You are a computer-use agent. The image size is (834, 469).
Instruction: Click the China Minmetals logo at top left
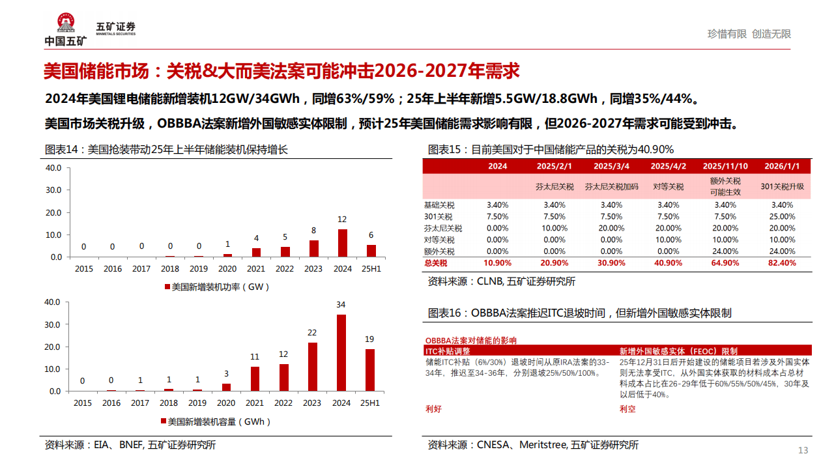[65, 30]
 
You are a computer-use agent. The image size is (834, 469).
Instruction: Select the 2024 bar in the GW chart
[341, 243]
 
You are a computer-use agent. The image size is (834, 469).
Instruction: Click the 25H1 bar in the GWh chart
[370, 370]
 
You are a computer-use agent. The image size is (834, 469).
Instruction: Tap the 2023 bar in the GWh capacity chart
[312, 367]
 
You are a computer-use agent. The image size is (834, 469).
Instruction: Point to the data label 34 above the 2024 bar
[341, 304]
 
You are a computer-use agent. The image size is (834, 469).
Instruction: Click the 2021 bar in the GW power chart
[255, 252]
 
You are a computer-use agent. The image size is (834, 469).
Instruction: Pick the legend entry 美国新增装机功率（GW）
[217, 287]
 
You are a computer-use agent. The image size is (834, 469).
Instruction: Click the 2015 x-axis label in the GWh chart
[83, 403]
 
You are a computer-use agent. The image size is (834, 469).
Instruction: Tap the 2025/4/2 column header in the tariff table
[669, 166]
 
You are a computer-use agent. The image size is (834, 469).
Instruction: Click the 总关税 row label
[437, 263]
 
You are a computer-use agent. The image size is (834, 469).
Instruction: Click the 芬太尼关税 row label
[443, 229]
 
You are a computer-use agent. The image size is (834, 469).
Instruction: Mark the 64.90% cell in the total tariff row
[725, 263]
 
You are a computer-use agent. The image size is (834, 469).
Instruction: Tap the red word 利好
[434, 409]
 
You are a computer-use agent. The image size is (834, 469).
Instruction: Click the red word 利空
[627, 409]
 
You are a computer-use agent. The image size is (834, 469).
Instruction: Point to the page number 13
[803, 451]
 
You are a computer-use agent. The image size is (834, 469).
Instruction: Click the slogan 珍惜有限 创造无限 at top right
[749, 34]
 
